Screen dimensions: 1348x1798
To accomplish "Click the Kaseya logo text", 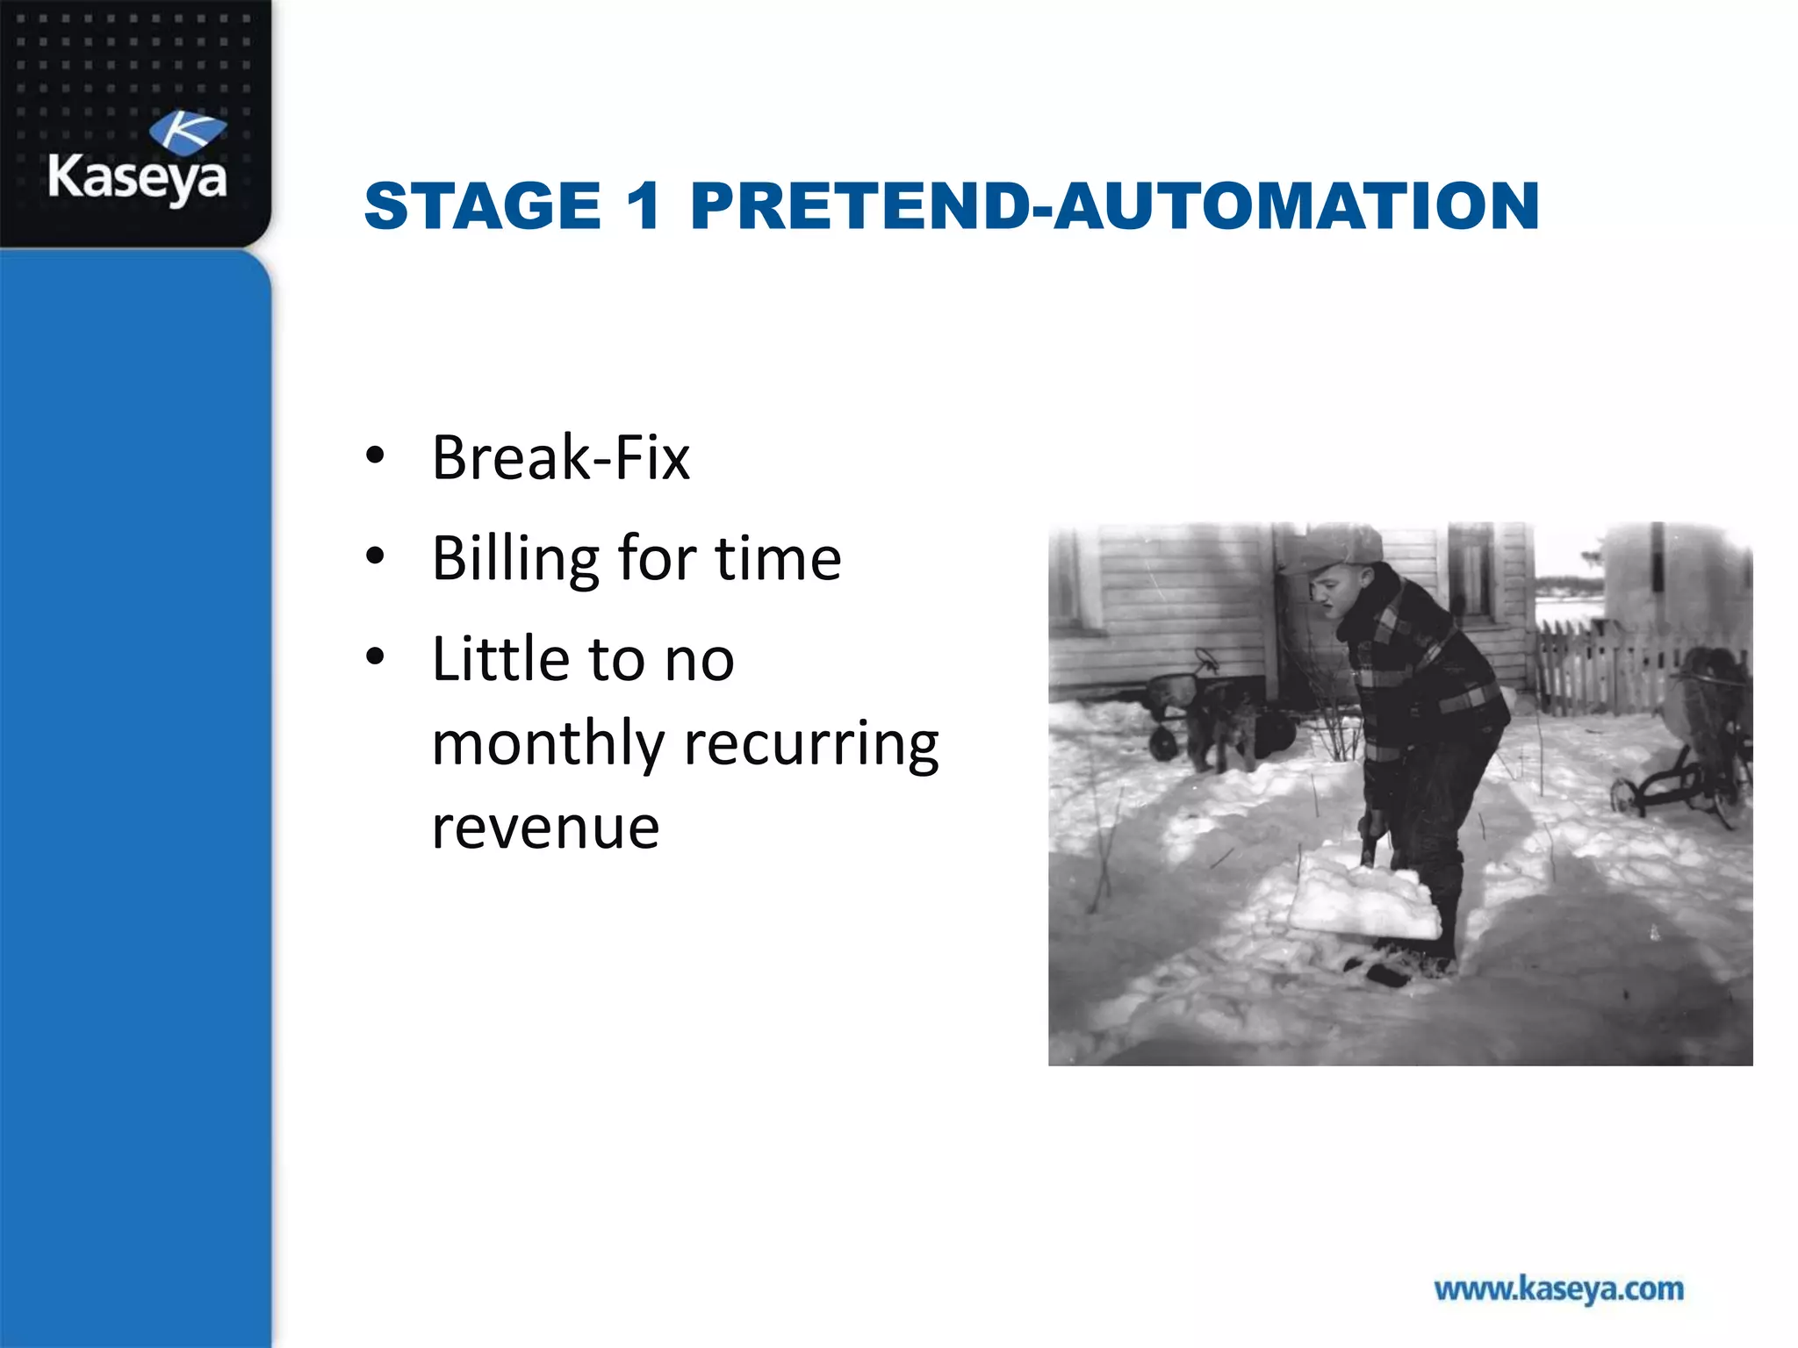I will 137,178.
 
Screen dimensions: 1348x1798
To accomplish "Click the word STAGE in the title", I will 482,206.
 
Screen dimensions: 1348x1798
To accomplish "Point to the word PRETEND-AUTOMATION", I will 1114,206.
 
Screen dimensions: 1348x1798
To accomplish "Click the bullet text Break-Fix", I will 560,458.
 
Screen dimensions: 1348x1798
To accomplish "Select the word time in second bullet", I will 778,559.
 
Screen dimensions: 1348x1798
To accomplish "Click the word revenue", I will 545,827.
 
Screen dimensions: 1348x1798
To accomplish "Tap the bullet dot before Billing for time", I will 376,556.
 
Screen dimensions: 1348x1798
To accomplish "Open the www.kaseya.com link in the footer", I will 1558,1289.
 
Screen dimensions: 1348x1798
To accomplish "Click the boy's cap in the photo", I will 1338,549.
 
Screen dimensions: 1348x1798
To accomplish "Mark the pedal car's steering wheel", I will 1207,659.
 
